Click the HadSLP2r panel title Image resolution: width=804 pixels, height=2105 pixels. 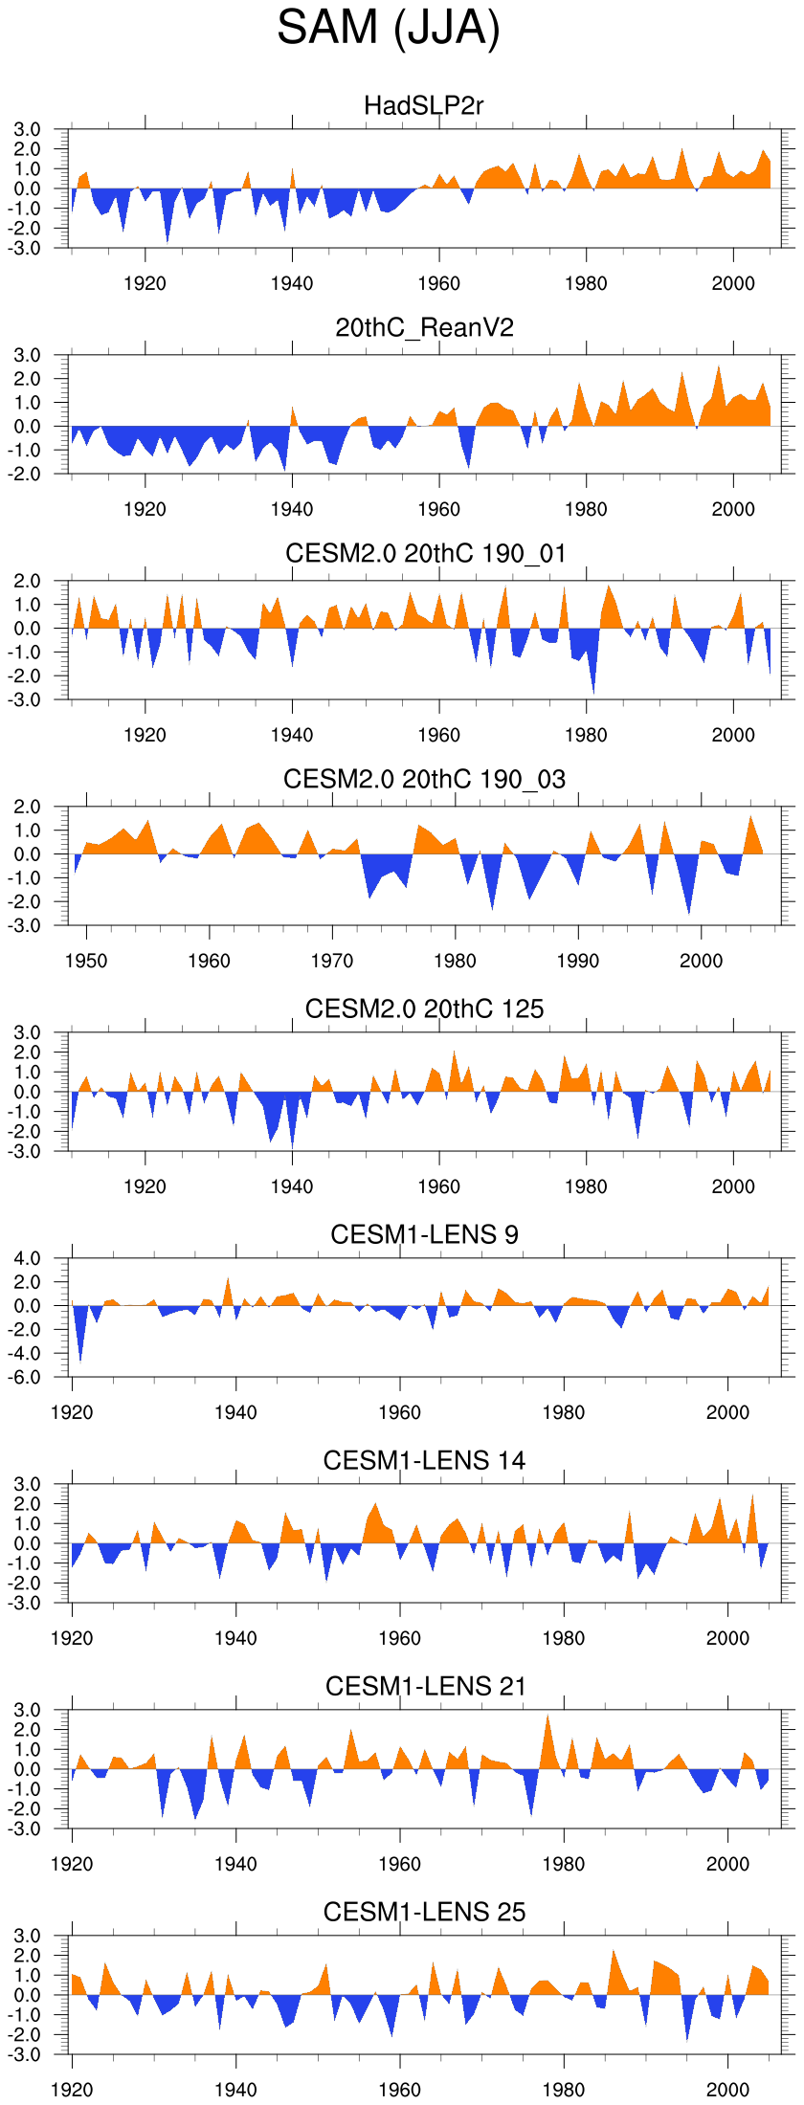(424, 105)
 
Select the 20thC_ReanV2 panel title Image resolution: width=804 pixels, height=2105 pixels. (424, 328)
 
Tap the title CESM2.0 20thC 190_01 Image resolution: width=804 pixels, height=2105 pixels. (425, 554)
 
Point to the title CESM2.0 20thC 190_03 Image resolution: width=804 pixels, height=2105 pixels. (424, 780)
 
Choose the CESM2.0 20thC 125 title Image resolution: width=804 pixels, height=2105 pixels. (424, 1008)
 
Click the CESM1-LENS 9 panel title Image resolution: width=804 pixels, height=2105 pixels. (424, 1234)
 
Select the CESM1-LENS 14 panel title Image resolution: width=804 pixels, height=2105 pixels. (424, 1460)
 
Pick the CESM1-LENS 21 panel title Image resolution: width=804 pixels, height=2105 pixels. (425, 1686)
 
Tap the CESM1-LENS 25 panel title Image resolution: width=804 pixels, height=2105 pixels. (424, 1912)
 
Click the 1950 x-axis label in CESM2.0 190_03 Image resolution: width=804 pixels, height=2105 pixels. (86, 961)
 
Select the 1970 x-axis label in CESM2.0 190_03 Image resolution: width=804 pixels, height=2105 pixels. (332, 961)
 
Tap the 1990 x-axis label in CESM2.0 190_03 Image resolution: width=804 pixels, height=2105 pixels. (578, 961)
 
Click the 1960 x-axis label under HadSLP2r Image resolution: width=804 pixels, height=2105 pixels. (438, 283)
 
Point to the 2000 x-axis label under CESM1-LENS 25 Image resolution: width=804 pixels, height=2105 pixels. (727, 2090)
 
